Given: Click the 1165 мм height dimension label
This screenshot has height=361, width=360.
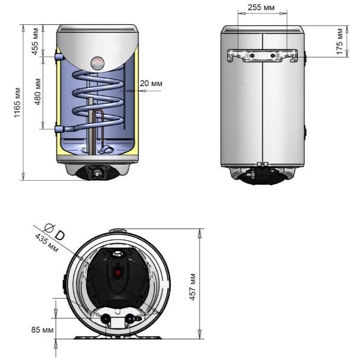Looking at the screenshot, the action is pyautogui.click(x=18, y=103).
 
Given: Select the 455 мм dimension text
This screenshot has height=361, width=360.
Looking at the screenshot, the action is pyautogui.click(x=35, y=41).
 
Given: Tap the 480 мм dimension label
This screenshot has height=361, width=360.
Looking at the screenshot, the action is pyautogui.click(x=37, y=92).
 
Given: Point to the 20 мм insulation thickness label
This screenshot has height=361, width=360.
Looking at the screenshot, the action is pyautogui.click(x=151, y=84).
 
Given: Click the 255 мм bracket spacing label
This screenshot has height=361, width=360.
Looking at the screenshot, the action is pyautogui.click(x=261, y=8).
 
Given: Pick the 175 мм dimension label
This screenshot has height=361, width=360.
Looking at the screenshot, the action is pyautogui.click(x=339, y=41).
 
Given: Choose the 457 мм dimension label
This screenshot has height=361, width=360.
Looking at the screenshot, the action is pyautogui.click(x=192, y=287).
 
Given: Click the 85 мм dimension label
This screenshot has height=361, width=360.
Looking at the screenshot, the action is pyautogui.click(x=42, y=330).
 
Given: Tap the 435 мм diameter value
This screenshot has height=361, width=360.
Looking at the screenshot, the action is pyautogui.click(x=46, y=242).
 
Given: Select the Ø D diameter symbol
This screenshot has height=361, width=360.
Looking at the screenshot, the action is pyautogui.click(x=54, y=232).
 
